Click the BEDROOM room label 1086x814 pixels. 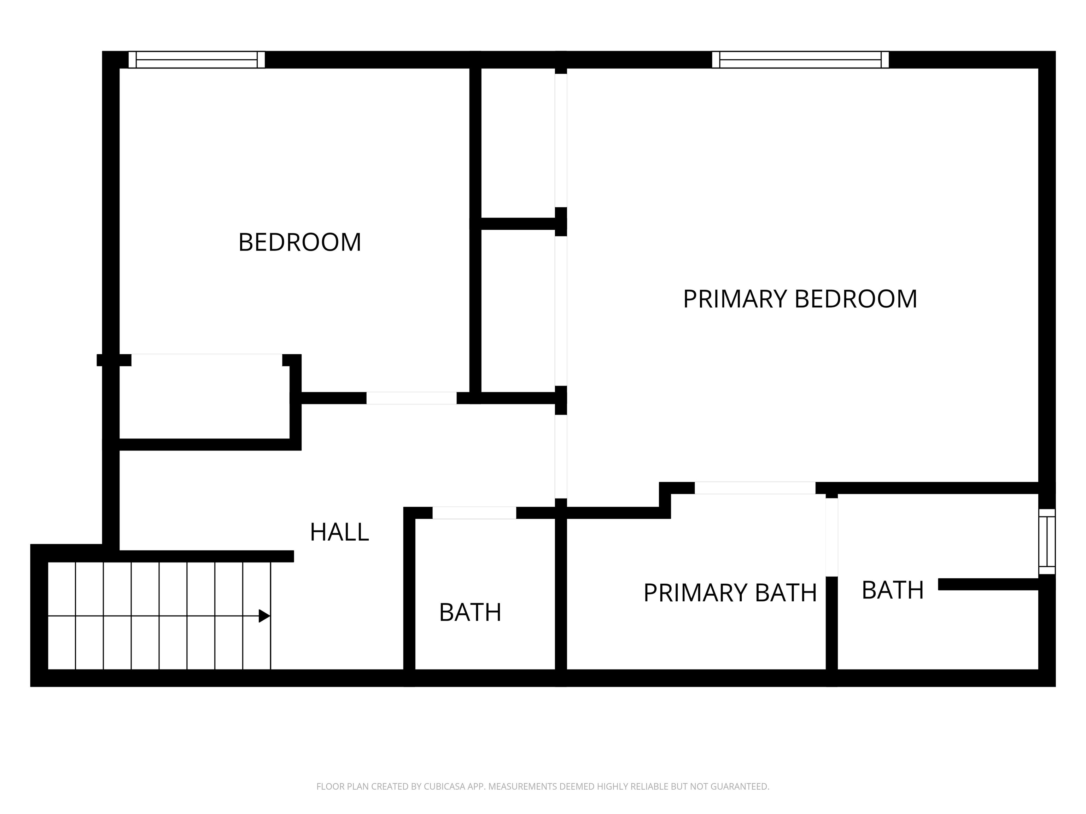click(x=299, y=242)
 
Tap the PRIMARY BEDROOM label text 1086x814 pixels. click(x=800, y=299)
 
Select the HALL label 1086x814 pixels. click(x=339, y=532)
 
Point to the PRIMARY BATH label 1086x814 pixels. click(x=730, y=593)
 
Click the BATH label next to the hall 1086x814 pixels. click(x=470, y=612)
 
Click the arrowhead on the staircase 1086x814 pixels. click(x=264, y=616)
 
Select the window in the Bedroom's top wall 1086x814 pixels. click(x=197, y=60)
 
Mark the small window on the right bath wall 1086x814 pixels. click(x=1047, y=542)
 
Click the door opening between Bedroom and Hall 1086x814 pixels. click(x=411, y=398)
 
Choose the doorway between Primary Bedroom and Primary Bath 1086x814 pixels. click(x=755, y=488)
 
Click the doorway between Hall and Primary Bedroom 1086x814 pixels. click(x=561, y=456)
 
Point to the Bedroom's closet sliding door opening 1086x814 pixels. click(x=207, y=360)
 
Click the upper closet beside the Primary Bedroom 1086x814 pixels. click(x=518, y=142)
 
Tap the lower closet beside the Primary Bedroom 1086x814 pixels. click(x=518, y=310)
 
